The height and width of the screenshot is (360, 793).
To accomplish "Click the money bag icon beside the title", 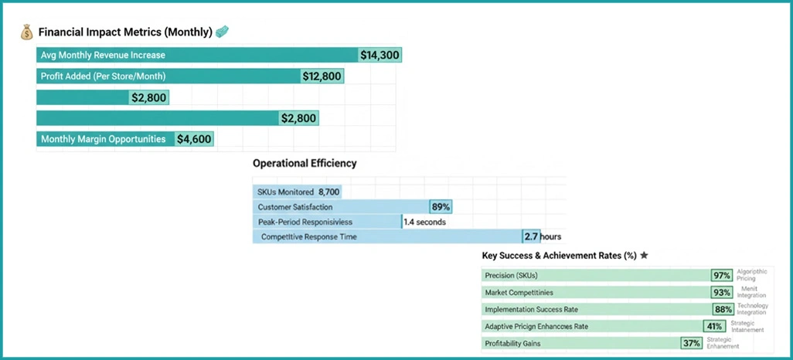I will [x=27, y=32].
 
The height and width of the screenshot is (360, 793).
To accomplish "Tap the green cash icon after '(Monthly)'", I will [x=223, y=32].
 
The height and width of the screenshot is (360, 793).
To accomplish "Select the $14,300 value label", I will [x=380, y=56].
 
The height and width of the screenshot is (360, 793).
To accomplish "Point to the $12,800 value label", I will [x=322, y=76].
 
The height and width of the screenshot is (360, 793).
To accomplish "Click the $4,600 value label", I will [x=193, y=140].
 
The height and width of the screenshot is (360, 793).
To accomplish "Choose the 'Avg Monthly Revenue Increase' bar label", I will [x=103, y=56].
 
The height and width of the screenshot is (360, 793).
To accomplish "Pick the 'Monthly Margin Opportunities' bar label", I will [x=103, y=140].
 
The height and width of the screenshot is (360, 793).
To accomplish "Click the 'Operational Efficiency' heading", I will [x=305, y=164].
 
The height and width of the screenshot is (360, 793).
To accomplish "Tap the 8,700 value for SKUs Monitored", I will [x=328, y=192].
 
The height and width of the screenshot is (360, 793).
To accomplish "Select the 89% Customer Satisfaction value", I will [x=441, y=207].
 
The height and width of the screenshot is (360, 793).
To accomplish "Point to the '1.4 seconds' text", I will [x=425, y=222].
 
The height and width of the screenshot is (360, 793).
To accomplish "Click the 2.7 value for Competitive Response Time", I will [x=531, y=236].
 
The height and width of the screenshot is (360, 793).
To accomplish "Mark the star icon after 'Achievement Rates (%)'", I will [x=644, y=256].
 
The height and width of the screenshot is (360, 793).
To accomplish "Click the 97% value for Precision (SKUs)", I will [x=722, y=276].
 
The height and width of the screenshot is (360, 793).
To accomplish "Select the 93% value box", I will [x=722, y=293].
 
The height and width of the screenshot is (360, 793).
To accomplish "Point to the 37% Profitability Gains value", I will [x=691, y=343].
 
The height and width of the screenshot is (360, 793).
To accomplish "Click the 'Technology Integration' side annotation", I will [x=752, y=310].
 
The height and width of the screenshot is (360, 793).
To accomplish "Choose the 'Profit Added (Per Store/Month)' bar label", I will [x=103, y=76].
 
